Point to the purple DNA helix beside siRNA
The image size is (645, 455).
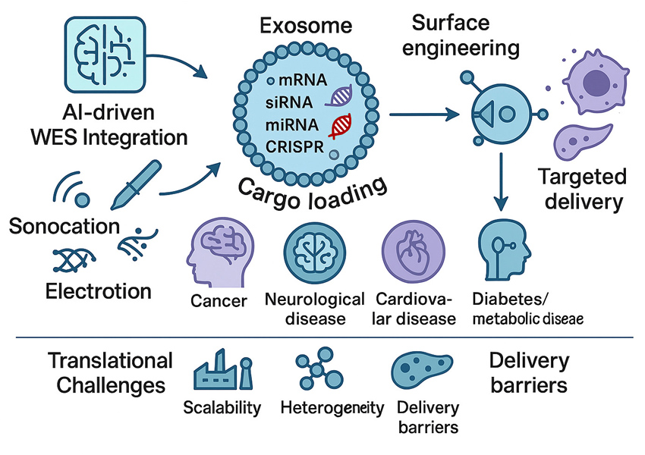coord(342,96)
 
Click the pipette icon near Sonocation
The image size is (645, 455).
coord(136,184)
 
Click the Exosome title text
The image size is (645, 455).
coord(306,26)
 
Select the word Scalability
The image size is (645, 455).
coord(222,408)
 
